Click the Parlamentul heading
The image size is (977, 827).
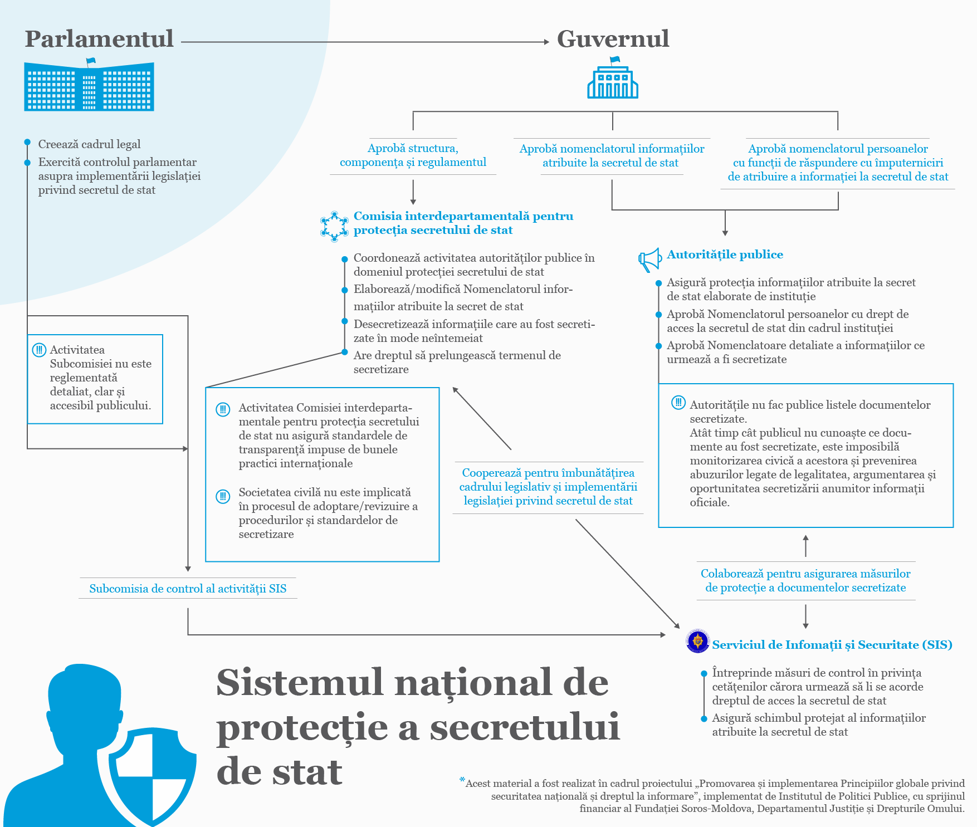(x=99, y=39)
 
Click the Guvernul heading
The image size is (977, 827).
(x=613, y=39)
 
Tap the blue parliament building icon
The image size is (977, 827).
(x=89, y=86)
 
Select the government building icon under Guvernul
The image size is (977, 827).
(x=613, y=81)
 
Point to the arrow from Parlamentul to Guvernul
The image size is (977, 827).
(x=365, y=42)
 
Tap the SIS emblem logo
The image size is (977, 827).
(x=697, y=641)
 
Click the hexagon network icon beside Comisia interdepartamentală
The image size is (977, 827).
(x=334, y=226)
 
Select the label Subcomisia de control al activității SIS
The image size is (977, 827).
(x=188, y=589)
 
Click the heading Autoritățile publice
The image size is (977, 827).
(x=725, y=255)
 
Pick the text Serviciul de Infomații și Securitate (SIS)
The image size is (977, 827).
(x=832, y=645)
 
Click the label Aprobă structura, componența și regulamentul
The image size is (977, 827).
(x=413, y=155)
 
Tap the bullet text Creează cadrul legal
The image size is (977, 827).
(x=89, y=144)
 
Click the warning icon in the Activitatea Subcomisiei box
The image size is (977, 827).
(x=39, y=350)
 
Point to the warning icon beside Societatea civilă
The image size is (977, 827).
(x=223, y=496)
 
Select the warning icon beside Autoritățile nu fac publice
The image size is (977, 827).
(x=678, y=402)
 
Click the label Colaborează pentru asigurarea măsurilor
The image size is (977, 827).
(x=805, y=580)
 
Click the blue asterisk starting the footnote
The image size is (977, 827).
(x=462, y=780)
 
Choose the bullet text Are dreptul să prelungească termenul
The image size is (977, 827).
(x=457, y=362)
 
